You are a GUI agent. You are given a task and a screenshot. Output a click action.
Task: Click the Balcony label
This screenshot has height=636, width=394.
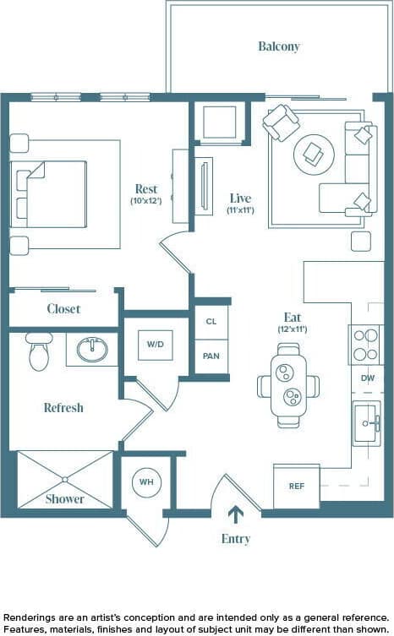279,46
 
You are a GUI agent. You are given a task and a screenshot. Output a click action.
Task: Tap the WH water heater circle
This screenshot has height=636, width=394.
146,482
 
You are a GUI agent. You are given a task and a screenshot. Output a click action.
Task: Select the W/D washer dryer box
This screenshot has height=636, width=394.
156,345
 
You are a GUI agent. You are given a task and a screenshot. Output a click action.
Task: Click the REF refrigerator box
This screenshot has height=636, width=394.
296,487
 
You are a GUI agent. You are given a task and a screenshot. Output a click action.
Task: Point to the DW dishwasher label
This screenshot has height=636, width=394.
367,378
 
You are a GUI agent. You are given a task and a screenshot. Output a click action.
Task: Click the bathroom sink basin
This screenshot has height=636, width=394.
92,348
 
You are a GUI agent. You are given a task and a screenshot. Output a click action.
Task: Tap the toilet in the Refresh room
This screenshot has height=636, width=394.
39,352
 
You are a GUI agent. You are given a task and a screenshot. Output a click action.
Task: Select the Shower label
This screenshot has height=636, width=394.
65,498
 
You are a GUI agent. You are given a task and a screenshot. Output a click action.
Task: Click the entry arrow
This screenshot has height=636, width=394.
235,514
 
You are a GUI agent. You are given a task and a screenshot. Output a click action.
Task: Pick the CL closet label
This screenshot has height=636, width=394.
211,322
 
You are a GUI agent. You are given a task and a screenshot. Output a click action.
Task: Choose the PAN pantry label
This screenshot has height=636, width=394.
211,356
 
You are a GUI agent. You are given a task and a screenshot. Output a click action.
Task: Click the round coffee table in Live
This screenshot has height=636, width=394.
313,154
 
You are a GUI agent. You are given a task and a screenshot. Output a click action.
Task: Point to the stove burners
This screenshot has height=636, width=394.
366,344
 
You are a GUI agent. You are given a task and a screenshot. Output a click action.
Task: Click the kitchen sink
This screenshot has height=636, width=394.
367,422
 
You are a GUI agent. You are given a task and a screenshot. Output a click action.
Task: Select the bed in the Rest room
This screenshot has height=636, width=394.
51,193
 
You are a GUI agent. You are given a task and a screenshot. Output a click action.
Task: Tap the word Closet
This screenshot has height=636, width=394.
63,309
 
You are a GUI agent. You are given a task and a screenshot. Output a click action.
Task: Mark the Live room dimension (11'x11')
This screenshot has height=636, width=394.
241,210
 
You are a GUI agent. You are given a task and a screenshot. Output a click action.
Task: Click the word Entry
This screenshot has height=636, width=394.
235,538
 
